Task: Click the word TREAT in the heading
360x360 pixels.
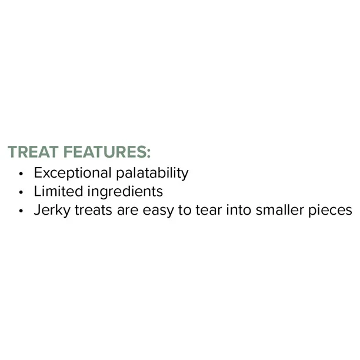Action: tap(33, 152)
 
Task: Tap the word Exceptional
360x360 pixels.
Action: tap(72, 173)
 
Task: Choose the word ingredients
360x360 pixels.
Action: tap(124, 192)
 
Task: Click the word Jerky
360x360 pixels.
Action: tap(52, 211)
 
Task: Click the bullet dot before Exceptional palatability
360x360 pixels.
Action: tap(21, 174)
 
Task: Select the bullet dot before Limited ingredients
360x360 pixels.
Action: tap(21, 192)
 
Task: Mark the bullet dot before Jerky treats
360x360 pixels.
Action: tap(21, 211)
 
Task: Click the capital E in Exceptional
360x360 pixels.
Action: tap(38, 173)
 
